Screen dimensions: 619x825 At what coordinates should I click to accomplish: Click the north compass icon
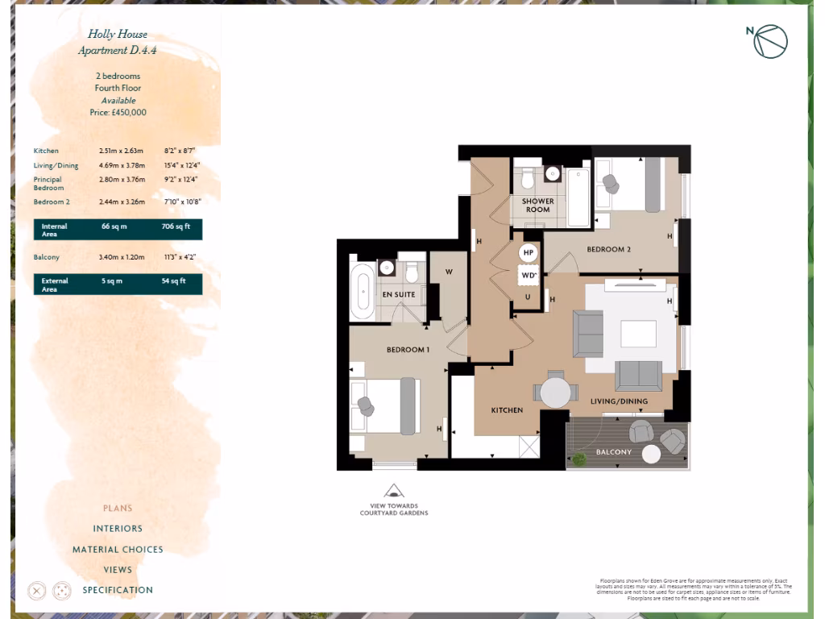click(769, 41)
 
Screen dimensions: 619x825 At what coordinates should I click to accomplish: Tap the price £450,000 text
click(118, 113)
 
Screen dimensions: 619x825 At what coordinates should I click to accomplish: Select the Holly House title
click(118, 35)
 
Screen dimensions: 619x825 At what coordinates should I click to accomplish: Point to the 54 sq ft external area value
click(174, 281)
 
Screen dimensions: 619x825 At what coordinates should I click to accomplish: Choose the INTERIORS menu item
click(118, 529)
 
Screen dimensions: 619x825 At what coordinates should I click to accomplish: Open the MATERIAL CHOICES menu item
click(118, 550)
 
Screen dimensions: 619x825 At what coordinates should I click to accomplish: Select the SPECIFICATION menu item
click(118, 590)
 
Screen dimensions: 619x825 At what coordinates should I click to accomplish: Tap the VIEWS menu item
click(118, 570)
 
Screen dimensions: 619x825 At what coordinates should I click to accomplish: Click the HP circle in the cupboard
click(529, 252)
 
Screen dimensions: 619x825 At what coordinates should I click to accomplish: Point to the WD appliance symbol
click(529, 275)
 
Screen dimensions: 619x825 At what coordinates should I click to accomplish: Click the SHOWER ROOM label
click(537, 206)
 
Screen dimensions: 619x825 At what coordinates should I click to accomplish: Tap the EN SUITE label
click(399, 295)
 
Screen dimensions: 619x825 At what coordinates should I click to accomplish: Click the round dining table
click(555, 393)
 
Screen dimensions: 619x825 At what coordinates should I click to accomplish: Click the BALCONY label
click(613, 452)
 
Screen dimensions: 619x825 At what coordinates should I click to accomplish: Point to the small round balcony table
click(651, 454)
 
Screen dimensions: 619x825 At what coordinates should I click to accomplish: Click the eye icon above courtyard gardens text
click(394, 491)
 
